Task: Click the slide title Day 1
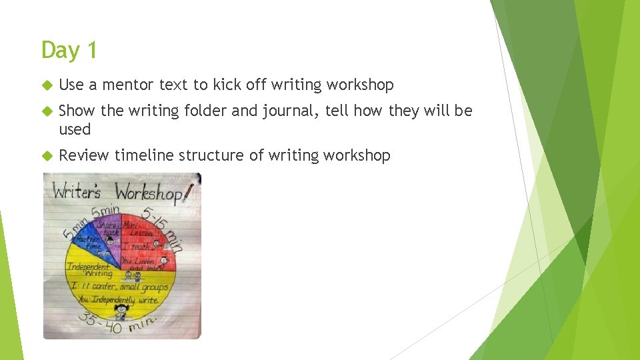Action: point(69,50)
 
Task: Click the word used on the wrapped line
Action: point(75,129)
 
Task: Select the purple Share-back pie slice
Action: point(111,233)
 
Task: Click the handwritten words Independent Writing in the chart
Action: point(89,270)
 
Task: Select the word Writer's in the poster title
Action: point(77,192)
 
